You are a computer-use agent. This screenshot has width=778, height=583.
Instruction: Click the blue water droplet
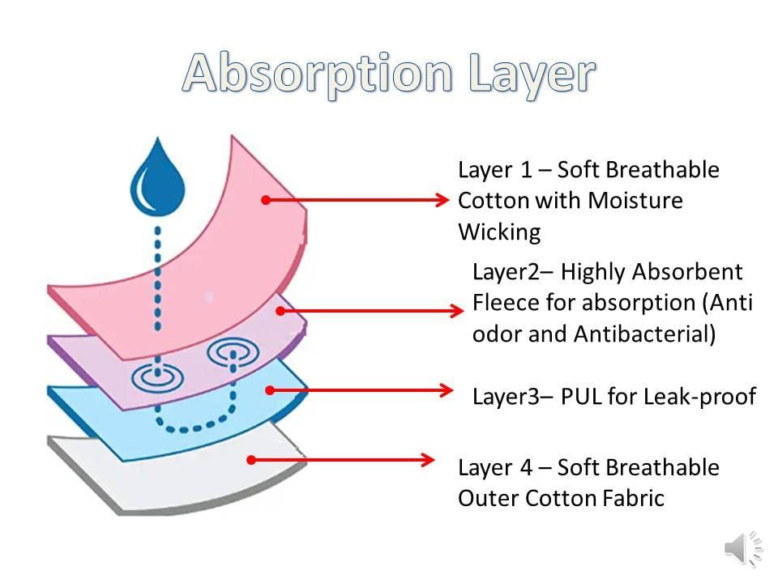coord(158,177)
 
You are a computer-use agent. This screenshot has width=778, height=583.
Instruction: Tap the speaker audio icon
coord(743,549)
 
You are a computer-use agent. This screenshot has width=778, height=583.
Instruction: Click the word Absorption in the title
coord(318,74)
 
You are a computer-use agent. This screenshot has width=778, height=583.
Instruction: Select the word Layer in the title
coord(532,74)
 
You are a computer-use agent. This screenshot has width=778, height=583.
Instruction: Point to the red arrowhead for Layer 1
coord(442,200)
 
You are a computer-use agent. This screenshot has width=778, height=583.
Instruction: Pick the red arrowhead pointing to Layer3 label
coord(445,390)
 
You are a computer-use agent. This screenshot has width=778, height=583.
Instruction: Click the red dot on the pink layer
coord(266,200)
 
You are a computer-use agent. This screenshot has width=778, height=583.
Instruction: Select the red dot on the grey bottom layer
coord(251,460)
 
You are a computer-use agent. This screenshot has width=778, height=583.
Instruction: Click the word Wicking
coord(499,232)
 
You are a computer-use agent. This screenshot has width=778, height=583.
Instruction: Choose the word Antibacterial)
coord(644,334)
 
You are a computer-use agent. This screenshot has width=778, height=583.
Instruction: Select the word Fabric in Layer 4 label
coord(633,498)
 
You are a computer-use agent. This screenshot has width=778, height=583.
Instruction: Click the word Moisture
coord(635,200)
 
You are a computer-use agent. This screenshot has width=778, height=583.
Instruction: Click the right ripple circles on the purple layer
coord(233,353)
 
